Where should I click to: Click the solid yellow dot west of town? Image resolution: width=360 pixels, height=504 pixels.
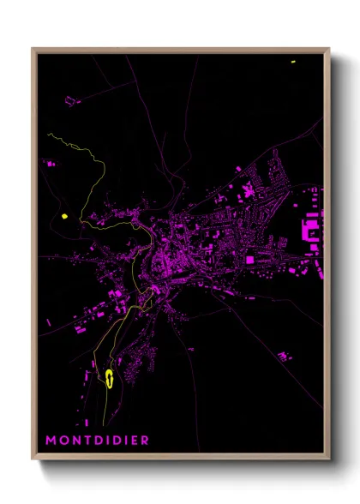tap(64, 216)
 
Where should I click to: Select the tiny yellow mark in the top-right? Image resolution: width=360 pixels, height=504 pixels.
tap(292, 62)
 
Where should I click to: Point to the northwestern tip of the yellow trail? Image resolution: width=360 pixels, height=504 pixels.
tap(50, 135)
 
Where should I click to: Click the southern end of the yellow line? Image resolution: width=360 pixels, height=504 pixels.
tap(105, 423)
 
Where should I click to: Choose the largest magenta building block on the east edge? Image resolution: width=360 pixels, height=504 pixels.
tap(309, 230)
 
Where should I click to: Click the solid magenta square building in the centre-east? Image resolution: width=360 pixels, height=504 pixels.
tap(249, 259)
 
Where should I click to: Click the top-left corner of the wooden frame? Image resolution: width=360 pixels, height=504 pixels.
tap(33, 49)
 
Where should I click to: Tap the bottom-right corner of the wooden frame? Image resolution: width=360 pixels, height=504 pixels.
tap(329, 459)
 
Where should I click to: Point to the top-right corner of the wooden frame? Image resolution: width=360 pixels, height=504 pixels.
tap(329, 49)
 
